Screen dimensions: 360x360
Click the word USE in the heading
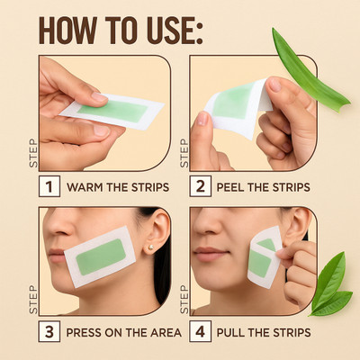tap(175, 31)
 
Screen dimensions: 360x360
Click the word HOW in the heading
tap(68, 31)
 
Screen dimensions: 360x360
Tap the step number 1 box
tap(49, 186)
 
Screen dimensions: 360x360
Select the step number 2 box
tap(200, 186)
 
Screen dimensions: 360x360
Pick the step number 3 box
tap(49, 331)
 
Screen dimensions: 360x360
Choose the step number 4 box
tap(200, 331)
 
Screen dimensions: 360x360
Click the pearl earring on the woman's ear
tap(151, 247)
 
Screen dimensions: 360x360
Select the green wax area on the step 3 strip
tap(101, 257)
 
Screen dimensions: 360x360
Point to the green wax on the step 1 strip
tap(113, 111)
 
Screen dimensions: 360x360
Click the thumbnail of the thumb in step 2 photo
tap(202, 119)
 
